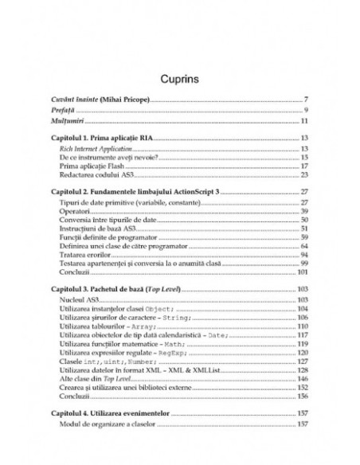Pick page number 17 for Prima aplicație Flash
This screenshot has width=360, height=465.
click(x=305, y=166)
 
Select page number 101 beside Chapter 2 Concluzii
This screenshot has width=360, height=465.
click(x=303, y=273)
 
